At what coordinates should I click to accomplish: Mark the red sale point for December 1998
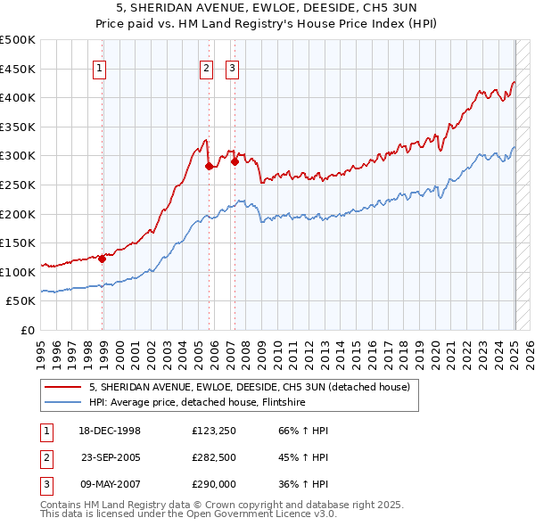[102, 259]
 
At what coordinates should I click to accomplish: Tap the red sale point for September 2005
[209, 166]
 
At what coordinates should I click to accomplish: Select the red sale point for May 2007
[235, 161]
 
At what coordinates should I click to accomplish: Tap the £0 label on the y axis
[29, 330]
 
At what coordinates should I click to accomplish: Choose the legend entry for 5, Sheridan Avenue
[249, 387]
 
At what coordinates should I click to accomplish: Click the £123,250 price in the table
[213, 431]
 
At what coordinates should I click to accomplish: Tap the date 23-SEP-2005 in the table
[111, 457]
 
